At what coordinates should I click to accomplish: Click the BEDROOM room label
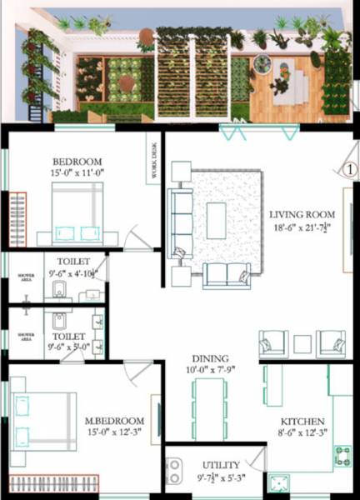click(x=77, y=162)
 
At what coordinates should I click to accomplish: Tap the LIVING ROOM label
click(x=301, y=214)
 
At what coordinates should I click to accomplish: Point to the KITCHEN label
click(x=302, y=422)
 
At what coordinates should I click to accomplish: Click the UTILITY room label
click(x=222, y=465)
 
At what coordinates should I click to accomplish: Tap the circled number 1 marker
click(x=349, y=168)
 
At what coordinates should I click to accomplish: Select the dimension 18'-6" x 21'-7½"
click(x=300, y=227)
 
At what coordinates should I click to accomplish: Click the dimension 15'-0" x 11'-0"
click(x=77, y=173)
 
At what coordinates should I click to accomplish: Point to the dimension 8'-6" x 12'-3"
click(x=302, y=433)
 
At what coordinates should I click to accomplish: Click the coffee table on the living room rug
click(x=216, y=220)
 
